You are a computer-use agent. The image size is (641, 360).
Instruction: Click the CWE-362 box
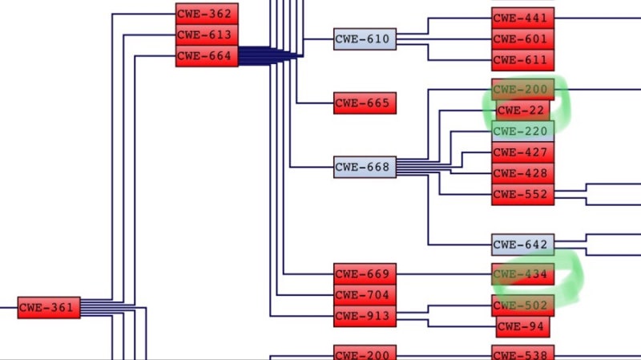(207, 14)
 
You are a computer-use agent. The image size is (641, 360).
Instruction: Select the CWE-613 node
(207, 35)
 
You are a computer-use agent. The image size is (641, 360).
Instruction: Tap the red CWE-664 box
(207, 56)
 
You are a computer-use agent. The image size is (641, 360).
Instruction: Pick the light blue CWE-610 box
(365, 39)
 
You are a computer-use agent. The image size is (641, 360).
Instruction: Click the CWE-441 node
(523, 18)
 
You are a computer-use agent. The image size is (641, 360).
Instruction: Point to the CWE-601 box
(523, 39)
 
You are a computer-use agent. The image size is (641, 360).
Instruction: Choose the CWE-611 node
(523, 61)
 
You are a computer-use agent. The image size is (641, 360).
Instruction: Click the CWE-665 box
(365, 103)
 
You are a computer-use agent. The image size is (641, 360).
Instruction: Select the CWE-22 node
(523, 111)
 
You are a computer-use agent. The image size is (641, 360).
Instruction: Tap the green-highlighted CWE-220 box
(523, 131)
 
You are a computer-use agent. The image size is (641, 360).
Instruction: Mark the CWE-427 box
(523, 152)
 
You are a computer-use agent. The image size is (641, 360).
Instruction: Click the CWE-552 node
(523, 194)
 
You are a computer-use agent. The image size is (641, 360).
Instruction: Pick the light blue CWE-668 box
(365, 167)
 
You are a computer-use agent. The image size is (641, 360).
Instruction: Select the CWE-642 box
(523, 245)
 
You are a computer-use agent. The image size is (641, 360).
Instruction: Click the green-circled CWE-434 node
(523, 274)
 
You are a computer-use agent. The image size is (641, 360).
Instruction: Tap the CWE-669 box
(365, 274)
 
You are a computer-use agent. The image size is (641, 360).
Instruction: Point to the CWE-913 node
(365, 316)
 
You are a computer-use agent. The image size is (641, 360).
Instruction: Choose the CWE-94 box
(523, 326)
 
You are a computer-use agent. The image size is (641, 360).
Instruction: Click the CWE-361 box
(49, 308)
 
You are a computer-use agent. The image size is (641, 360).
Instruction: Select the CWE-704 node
(365, 295)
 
